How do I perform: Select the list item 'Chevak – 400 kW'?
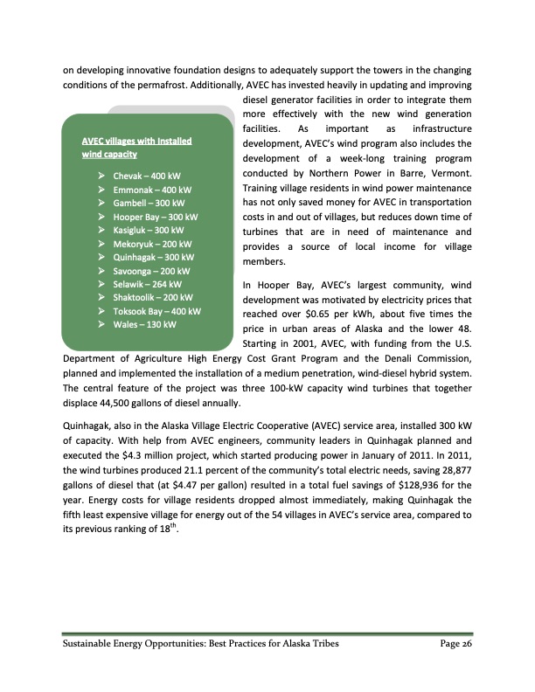[149, 176]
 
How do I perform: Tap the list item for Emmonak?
[152, 190]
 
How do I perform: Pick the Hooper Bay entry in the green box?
[156, 217]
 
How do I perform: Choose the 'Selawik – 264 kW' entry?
[147, 284]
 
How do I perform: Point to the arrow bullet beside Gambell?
[102, 203]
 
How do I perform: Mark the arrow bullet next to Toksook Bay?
[102, 311]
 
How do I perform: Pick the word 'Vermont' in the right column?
[450, 175]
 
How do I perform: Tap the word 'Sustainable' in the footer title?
[92, 644]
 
